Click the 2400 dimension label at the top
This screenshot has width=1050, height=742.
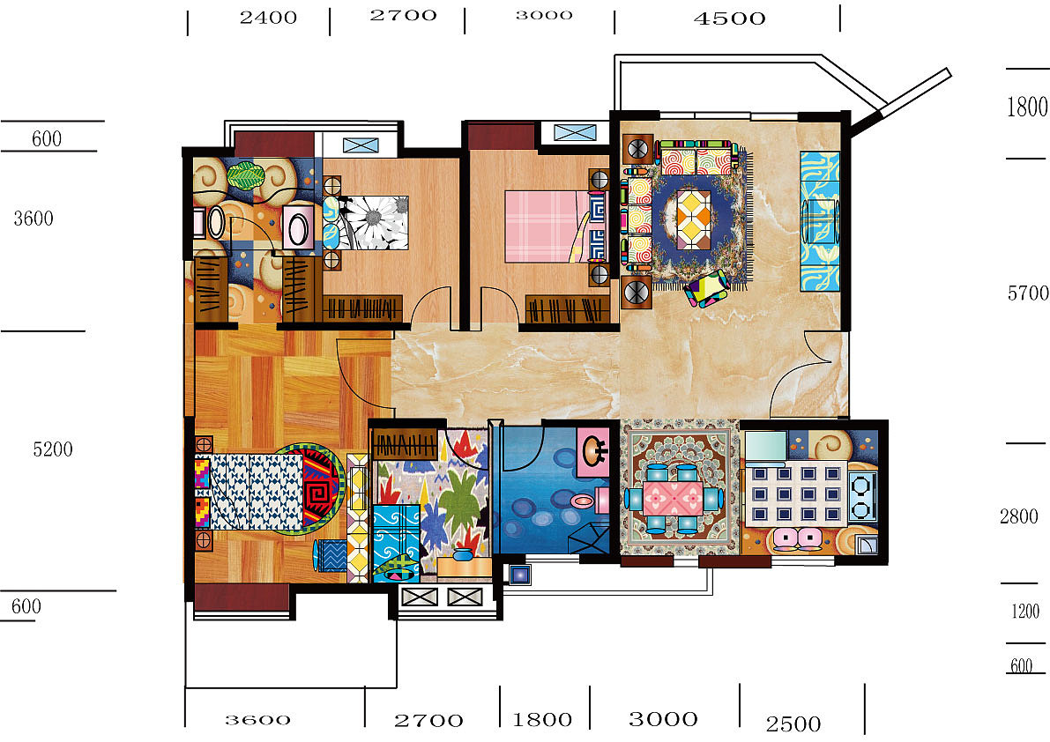click(269, 18)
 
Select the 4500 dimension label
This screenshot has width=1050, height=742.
click(729, 19)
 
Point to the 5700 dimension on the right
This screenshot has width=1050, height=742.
click(1028, 293)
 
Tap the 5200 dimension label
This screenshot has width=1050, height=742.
click(53, 449)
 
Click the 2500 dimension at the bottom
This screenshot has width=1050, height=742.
click(793, 724)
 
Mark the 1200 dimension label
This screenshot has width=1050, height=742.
click(1025, 611)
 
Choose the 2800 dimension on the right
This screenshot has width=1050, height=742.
click(1018, 516)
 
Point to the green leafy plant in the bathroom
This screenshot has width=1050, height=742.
click(247, 175)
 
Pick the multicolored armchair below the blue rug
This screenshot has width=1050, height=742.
click(706, 287)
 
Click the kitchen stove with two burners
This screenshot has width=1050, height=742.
click(862, 496)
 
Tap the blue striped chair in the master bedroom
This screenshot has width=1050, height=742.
click(331, 554)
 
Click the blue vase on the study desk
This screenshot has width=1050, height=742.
click(461, 554)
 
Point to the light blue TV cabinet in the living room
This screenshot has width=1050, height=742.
click(820, 221)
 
